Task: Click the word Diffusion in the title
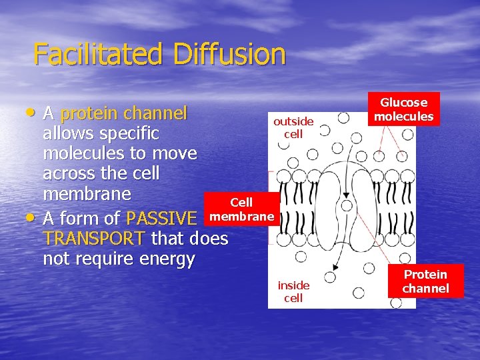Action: [230, 53]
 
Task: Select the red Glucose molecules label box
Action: [403, 109]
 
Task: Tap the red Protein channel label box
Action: [425, 281]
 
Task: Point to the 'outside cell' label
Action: [293, 127]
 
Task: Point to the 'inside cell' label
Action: [293, 291]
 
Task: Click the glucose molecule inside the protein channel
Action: [347, 206]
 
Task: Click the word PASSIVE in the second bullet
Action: [161, 219]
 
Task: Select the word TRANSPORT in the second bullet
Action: [93, 239]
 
